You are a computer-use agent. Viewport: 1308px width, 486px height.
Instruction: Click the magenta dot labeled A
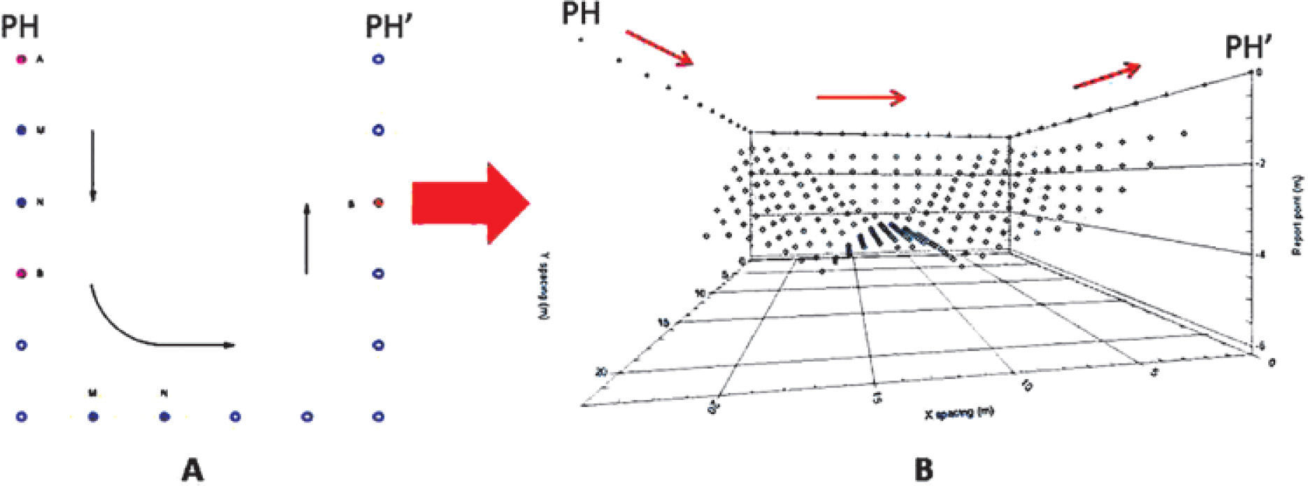click(x=22, y=60)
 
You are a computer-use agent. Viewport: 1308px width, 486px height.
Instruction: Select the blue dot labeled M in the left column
click(x=22, y=131)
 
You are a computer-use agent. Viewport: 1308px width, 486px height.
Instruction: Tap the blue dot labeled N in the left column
click(x=22, y=203)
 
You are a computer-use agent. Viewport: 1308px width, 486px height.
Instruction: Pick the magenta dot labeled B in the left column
click(x=22, y=273)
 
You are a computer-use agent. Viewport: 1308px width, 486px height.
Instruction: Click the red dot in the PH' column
click(x=378, y=203)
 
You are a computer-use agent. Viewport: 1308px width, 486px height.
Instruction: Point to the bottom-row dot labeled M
click(x=93, y=417)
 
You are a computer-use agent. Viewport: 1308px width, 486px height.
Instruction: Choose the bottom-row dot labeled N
click(x=164, y=417)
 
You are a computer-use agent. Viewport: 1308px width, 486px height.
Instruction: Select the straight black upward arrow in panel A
click(x=306, y=238)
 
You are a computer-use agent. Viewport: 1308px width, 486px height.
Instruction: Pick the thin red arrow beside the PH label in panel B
click(x=659, y=48)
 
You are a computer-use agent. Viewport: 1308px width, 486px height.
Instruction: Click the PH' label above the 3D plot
click(x=1249, y=48)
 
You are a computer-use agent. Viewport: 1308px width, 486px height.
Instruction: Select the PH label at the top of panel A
click(x=20, y=28)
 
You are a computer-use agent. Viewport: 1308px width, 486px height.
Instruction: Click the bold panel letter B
click(x=923, y=469)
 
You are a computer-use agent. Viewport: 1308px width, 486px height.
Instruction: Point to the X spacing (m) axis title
click(x=959, y=413)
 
